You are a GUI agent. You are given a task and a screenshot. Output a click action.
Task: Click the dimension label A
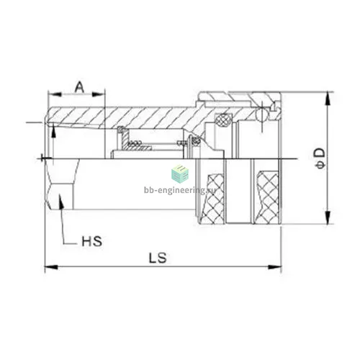coord(80,87)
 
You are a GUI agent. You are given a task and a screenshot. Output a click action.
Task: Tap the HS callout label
coord(92,241)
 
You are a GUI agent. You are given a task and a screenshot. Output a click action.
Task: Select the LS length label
coord(158,258)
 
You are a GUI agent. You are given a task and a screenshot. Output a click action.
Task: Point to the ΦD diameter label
coord(320,158)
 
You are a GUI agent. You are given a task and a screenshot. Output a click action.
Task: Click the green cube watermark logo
coord(180,173)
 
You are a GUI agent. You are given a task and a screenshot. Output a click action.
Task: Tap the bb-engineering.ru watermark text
coord(180,190)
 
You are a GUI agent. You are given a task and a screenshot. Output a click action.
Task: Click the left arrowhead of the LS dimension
coord(51,267)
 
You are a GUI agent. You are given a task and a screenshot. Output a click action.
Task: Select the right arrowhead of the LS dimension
coord(275,267)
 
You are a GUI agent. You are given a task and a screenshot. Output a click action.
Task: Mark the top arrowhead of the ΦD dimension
coord(328,99)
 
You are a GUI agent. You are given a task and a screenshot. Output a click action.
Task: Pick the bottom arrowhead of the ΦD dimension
coord(328,217)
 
